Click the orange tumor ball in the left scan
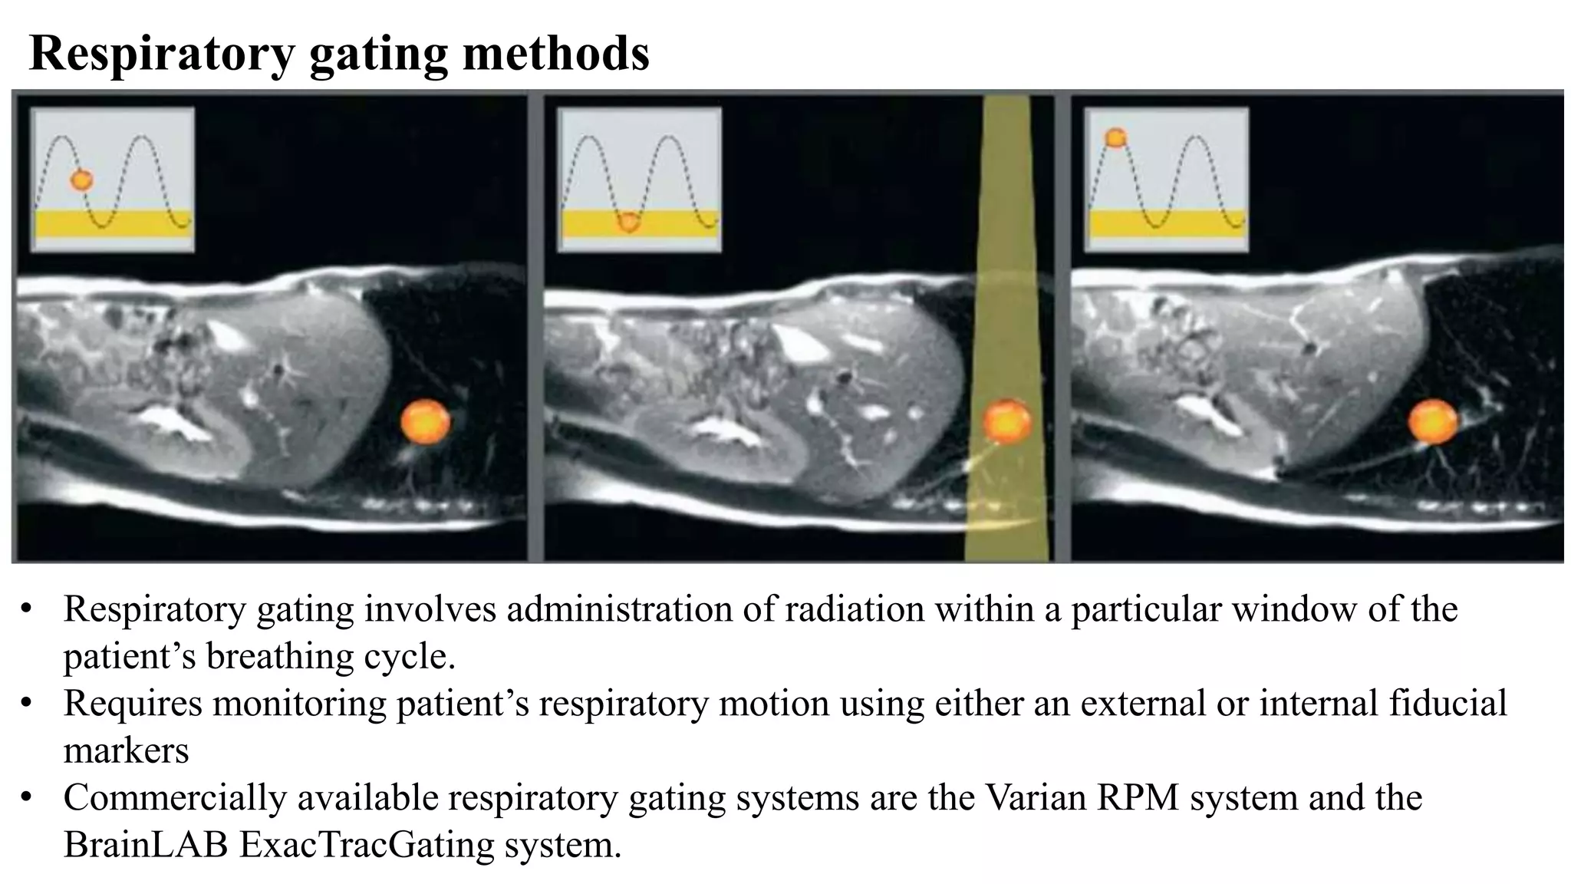click(426, 421)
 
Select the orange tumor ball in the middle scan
click(1006, 421)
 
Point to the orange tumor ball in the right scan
click(1432, 421)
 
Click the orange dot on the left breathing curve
click(81, 180)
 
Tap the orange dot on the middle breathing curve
click(629, 222)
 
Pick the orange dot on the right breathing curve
click(1115, 138)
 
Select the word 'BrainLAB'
click(146, 845)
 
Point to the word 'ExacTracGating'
click(367, 845)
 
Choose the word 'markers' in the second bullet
click(126, 750)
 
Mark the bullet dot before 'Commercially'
click(27, 798)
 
